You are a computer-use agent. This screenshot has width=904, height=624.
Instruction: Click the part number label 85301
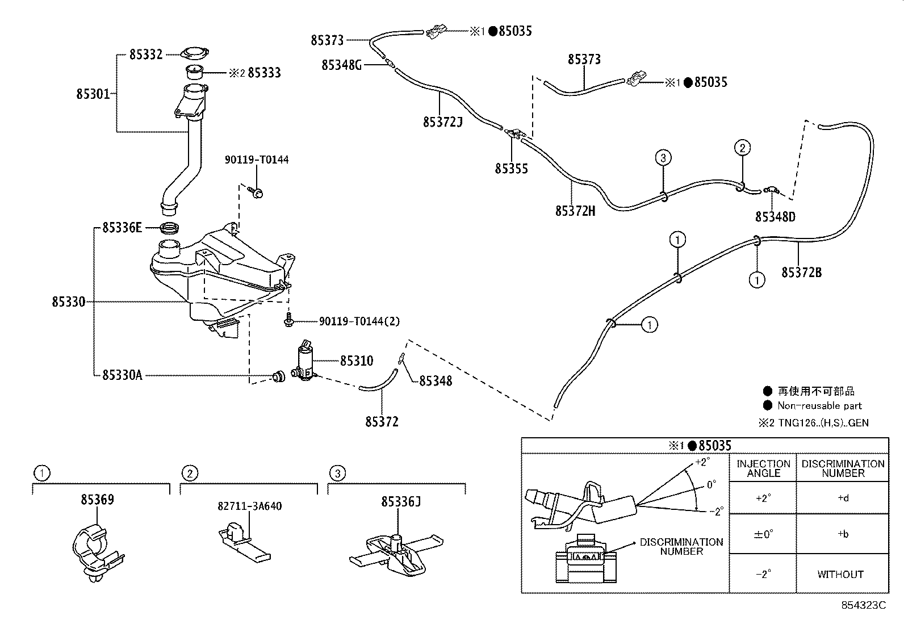[93, 94]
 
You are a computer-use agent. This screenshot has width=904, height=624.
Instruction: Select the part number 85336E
[122, 228]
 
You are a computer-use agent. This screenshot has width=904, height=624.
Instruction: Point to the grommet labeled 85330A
[279, 376]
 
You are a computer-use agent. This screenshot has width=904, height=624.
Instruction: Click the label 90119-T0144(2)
[359, 321]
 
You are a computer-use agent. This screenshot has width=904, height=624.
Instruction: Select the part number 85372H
[575, 211]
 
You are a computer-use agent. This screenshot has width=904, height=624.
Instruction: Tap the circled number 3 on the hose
[663, 157]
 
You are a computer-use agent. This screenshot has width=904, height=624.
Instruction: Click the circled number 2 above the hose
[742, 148]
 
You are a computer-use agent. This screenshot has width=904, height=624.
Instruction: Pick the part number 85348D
[775, 217]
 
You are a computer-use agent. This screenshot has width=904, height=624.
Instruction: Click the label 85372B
[801, 273]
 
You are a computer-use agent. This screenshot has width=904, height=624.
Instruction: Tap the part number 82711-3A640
[249, 506]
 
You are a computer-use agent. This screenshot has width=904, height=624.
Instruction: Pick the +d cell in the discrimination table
[843, 498]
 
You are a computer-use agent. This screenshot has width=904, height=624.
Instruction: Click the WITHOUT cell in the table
[840, 574]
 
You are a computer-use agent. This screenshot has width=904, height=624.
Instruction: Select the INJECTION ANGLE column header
[763, 468]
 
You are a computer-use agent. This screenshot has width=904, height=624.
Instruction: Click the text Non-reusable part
[819, 406]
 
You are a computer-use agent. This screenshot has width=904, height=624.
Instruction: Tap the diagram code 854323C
[863, 605]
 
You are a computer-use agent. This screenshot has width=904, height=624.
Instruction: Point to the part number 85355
[511, 169]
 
